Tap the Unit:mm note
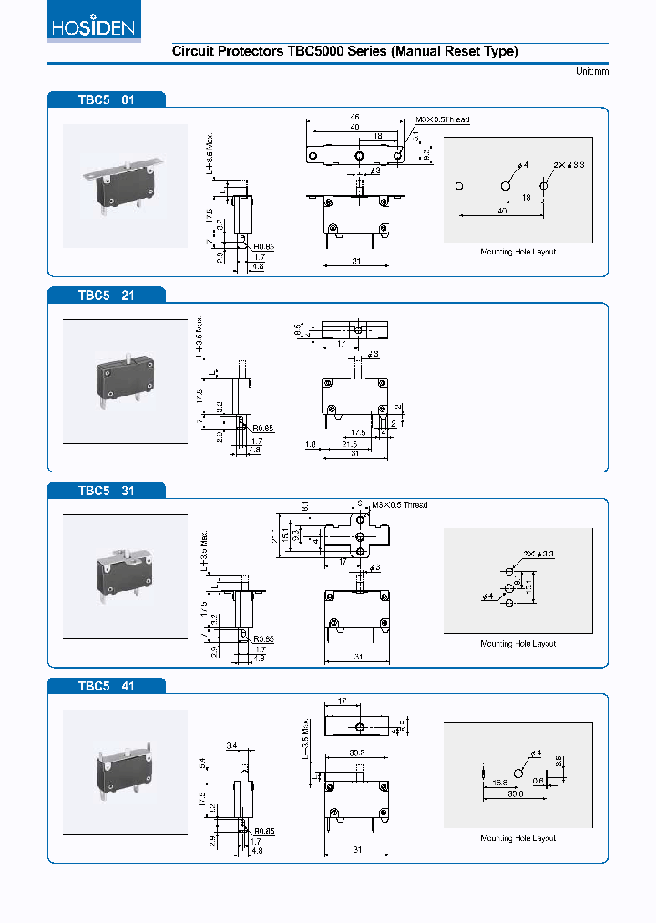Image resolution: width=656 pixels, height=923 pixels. (591, 72)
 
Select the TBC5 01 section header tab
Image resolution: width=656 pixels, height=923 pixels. (107, 99)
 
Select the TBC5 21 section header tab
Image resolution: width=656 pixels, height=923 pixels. (107, 295)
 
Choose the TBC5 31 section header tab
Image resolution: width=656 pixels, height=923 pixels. (107, 490)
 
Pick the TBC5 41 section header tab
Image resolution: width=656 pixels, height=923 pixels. (107, 685)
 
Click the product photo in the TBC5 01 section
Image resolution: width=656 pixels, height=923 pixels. (125, 186)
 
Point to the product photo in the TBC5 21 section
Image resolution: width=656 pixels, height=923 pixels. (125, 380)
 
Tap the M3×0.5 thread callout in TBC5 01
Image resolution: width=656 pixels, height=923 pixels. (443, 120)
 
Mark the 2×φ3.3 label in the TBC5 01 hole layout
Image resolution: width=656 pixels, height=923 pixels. (569, 164)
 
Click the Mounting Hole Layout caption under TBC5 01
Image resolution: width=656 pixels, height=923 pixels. (518, 252)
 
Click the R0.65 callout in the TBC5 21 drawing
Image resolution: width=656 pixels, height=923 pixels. (263, 428)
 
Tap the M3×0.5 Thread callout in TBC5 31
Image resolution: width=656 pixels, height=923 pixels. (398, 505)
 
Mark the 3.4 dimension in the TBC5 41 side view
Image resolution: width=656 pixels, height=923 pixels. (231, 746)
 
